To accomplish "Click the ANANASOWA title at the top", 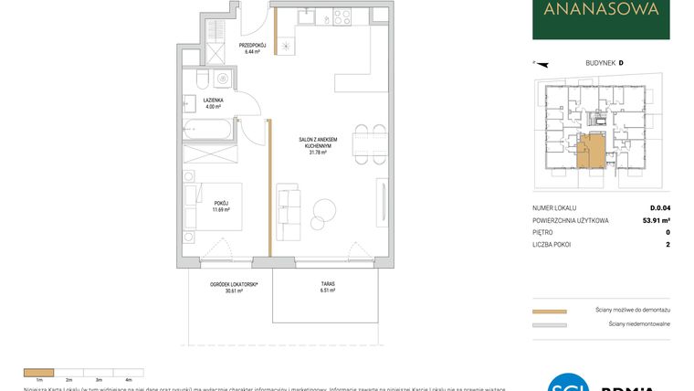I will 600,11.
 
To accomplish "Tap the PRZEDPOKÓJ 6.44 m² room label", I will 252,48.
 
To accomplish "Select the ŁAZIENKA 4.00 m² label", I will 213,102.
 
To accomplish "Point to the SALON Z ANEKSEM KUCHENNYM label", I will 318,146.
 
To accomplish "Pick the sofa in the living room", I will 286,211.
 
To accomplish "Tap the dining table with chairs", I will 363,143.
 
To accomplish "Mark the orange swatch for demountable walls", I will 549,311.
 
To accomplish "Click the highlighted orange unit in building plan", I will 592,152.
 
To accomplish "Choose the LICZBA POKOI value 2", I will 668,245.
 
